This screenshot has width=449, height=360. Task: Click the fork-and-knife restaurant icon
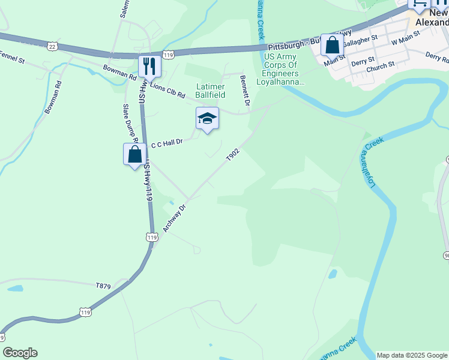pyautogui.click(x=149, y=65)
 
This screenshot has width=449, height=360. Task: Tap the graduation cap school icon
pyautogui.click(x=207, y=118)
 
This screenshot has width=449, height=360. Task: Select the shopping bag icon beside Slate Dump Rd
pyautogui.click(x=135, y=154)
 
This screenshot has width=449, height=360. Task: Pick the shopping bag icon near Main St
pyautogui.click(x=332, y=45)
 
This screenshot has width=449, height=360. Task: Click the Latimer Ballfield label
pyautogui.click(x=210, y=91)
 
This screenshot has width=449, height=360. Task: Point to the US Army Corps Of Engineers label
pyautogui.click(x=281, y=69)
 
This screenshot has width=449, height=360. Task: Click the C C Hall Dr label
pyautogui.click(x=166, y=143)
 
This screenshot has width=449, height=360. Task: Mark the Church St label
pyautogui.click(x=381, y=65)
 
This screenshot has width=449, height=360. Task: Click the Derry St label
pyautogui.click(x=363, y=60)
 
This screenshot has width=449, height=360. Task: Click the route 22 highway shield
pyautogui.click(x=52, y=46)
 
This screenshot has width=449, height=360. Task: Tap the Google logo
pyautogui.click(x=20, y=353)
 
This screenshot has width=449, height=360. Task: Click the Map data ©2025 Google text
pyautogui.click(x=412, y=355)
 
